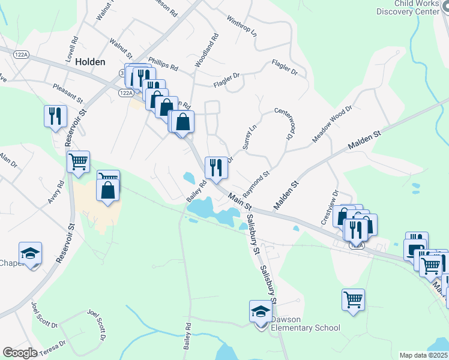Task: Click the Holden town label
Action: coord(91,62)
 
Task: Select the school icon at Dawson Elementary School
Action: coord(261,312)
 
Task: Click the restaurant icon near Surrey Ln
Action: coord(215,167)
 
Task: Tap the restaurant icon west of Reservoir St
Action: coord(55,115)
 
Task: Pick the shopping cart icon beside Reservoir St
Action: coord(79,161)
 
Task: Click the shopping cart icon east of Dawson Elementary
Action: coord(353,299)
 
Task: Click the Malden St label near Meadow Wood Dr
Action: coord(365,141)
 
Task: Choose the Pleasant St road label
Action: coord(66,92)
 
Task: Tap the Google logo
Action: coord(20,352)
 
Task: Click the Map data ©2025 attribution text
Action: coord(424,355)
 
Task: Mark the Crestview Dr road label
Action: coord(330,207)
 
